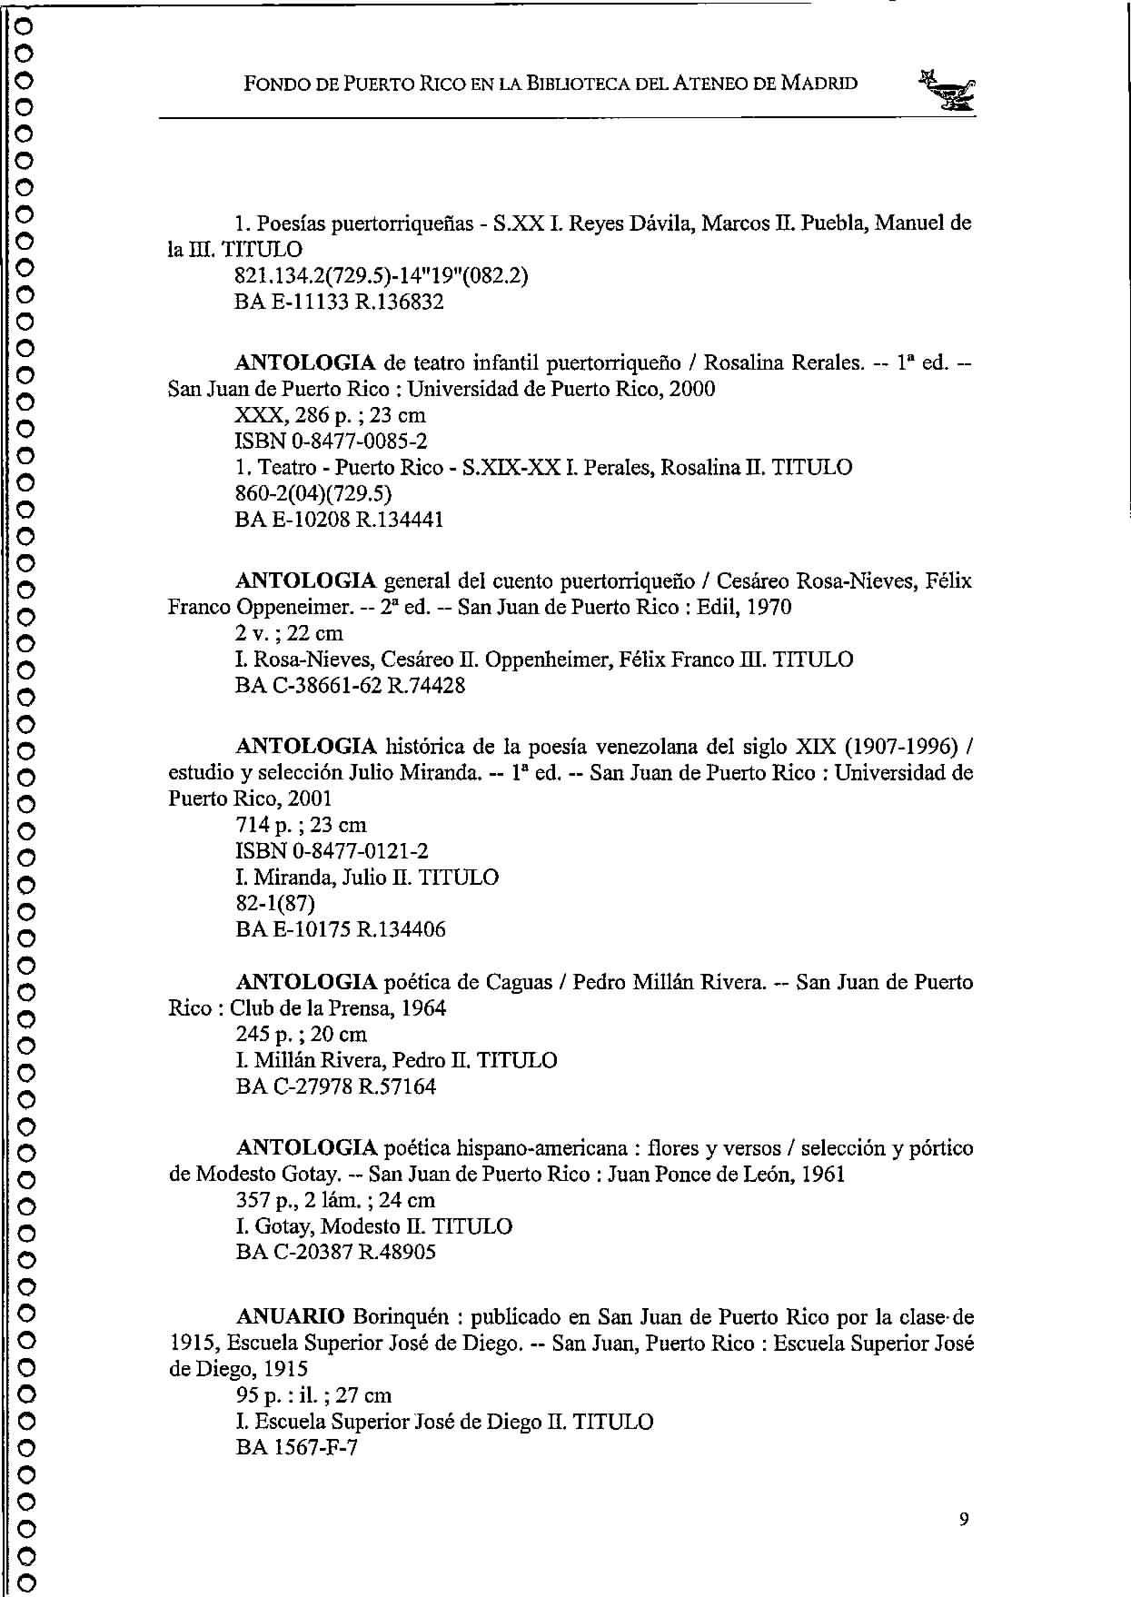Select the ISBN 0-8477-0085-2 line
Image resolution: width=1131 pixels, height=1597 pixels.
tap(331, 441)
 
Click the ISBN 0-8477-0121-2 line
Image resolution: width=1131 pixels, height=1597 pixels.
tap(332, 851)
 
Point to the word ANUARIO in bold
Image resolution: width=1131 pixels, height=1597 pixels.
tap(290, 1316)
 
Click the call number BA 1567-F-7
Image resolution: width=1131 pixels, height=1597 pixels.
tap(296, 1447)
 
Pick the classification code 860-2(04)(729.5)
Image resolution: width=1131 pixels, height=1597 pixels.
tap(313, 493)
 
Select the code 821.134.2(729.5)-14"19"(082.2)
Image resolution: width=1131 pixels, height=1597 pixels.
tap(382, 275)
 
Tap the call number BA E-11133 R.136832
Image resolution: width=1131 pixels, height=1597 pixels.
tap(339, 302)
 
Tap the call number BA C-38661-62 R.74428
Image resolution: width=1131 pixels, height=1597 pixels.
tap(350, 685)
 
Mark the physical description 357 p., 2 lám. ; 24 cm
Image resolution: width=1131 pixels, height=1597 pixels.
tap(335, 1200)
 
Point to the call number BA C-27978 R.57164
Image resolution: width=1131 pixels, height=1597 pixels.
tap(335, 1086)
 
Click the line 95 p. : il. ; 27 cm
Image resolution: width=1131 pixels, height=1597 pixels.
tap(313, 1394)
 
